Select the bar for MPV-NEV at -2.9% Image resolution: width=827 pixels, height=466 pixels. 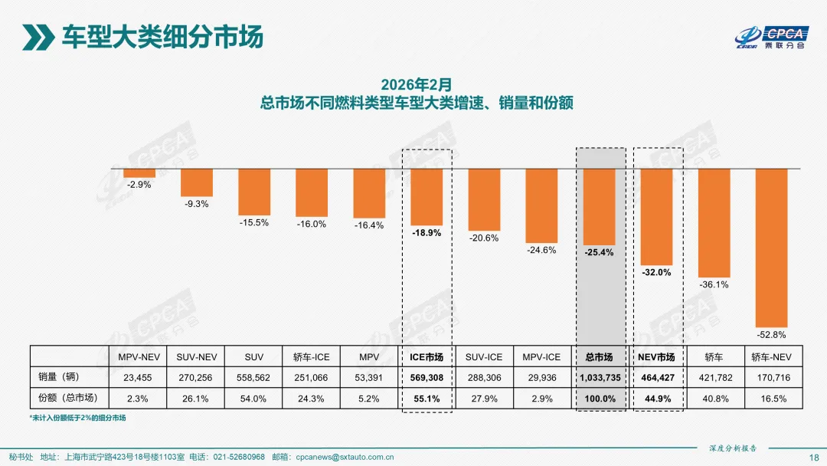click(139, 172)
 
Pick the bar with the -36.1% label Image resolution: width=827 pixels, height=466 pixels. click(714, 222)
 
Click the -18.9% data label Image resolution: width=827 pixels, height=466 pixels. click(427, 233)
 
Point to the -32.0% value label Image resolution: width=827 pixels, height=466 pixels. click(656, 272)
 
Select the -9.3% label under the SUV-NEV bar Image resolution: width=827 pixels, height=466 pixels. click(197, 204)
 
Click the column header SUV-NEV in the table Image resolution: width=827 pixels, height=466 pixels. click(196, 357)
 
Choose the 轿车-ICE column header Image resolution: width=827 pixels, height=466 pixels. click(311, 357)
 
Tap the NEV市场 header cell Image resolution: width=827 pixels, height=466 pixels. click(656, 357)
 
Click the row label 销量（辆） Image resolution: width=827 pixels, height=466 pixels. click(60, 377)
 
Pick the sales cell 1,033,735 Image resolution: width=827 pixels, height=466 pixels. click(599, 378)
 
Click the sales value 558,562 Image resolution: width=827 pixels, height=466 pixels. click(253, 378)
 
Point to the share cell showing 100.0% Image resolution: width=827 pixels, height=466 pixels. click(599, 399)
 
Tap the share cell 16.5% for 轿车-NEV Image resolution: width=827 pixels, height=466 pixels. click(771, 399)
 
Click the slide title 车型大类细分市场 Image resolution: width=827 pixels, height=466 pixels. click(162, 36)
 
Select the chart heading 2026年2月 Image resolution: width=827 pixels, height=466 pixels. click(417, 83)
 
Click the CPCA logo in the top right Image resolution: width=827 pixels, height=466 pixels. click(772, 36)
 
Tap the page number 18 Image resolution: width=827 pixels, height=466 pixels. click(813, 457)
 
